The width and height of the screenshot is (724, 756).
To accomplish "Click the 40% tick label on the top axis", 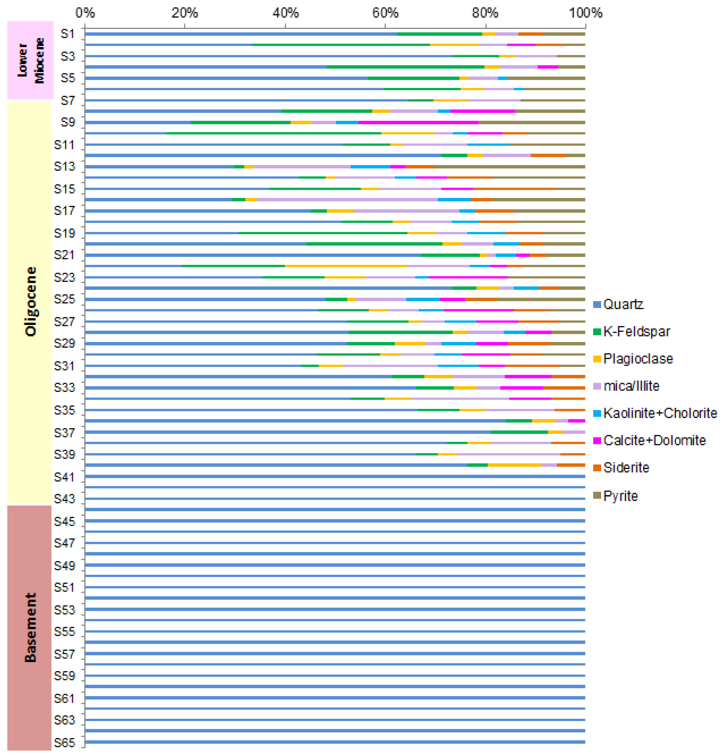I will click(285, 13).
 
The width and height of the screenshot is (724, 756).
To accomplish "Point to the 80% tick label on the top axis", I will click(485, 13).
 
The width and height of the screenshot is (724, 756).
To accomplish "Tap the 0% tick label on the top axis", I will click(85, 13).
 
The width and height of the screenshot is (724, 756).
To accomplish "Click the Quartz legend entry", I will click(623, 304).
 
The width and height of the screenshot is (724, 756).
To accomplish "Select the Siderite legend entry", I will click(626, 468).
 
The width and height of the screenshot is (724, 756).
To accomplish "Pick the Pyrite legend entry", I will click(620, 496).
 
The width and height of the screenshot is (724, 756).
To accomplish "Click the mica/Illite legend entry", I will click(631, 386).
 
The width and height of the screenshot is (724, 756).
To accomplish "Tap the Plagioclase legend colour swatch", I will click(597, 359).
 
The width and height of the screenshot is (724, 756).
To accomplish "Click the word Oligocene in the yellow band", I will click(30, 301).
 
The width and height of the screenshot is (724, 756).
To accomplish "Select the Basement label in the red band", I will click(30, 627).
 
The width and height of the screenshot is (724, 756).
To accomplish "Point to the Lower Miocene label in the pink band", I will click(30, 61).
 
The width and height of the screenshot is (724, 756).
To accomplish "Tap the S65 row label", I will click(64, 743).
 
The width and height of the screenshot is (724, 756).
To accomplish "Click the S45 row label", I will click(64, 522).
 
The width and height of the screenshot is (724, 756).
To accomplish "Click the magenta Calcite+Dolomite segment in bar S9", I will click(418, 122).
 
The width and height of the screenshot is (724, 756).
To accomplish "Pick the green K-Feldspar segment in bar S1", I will click(440, 34).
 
